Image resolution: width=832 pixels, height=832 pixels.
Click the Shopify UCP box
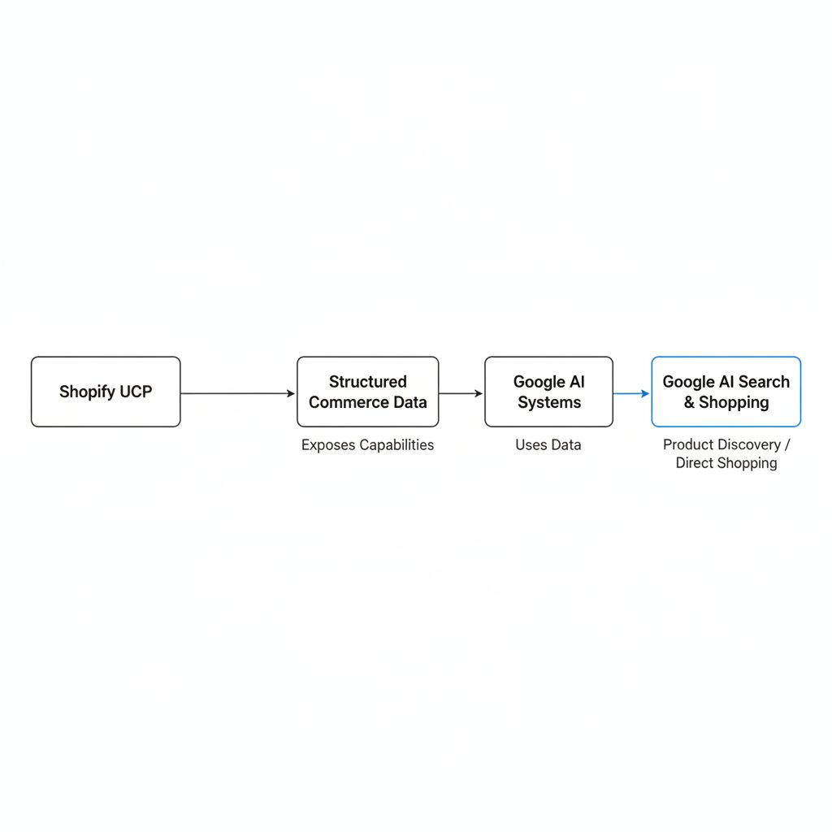click(x=106, y=392)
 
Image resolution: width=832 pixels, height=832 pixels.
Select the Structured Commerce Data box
click(x=368, y=392)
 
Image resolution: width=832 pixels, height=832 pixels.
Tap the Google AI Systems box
click(x=548, y=392)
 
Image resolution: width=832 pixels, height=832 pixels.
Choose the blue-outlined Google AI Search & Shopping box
click(x=726, y=392)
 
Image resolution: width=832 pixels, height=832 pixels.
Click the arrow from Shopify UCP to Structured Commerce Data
click(x=238, y=393)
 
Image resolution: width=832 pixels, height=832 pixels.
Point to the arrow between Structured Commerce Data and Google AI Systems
click(x=461, y=393)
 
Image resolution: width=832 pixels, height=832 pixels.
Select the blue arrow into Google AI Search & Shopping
click(x=631, y=393)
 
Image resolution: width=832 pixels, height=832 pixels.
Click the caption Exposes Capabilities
click(x=368, y=444)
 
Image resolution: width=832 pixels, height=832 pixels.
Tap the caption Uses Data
click(x=548, y=444)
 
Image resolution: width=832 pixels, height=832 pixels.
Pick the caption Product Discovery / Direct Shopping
click(x=726, y=453)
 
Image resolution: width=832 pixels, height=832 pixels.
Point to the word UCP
click(x=136, y=392)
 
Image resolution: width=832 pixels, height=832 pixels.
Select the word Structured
click(x=368, y=382)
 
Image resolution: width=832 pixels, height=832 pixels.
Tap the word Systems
click(x=549, y=403)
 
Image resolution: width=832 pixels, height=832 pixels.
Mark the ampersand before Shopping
click(x=689, y=402)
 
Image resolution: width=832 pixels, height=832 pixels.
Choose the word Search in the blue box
click(x=764, y=382)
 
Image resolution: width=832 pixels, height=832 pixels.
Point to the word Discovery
click(x=748, y=444)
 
